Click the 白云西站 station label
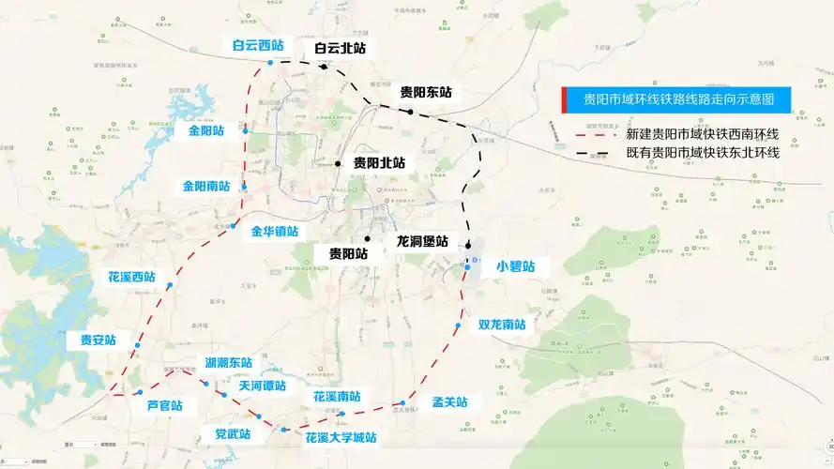click(x=258, y=45)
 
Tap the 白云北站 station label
click(x=340, y=47)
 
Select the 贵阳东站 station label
click(x=426, y=92)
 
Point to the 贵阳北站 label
click(x=379, y=162)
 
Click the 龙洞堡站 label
click(x=422, y=240)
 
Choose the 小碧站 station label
click(x=515, y=266)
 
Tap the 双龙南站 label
click(x=502, y=325)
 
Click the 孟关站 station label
click(x=449, y=402)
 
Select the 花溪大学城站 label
click(x=341, y=437)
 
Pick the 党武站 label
click(x=226, y=434)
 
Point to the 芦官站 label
click(x=165, y=406)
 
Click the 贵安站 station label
click(x=98, y=340)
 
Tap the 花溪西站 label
click(x=131, y=278)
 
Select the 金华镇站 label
click(x=274, y=231)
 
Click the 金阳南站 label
click(x=206, y=186)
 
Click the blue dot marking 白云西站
click(x=270, y=63)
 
